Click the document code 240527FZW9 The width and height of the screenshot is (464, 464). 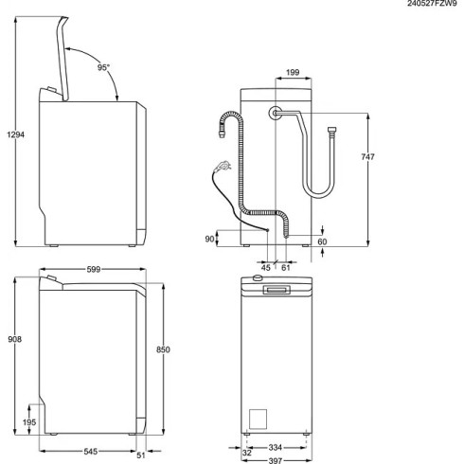432,5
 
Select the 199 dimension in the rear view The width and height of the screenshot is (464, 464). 294,71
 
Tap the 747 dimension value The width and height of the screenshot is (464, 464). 369,156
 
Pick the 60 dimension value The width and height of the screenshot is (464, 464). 323,242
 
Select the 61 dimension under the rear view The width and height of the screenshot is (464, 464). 285,268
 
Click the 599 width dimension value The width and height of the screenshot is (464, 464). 93,270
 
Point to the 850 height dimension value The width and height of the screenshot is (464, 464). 163,350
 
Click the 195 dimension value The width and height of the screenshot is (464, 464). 28,421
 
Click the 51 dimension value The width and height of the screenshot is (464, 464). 142,454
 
